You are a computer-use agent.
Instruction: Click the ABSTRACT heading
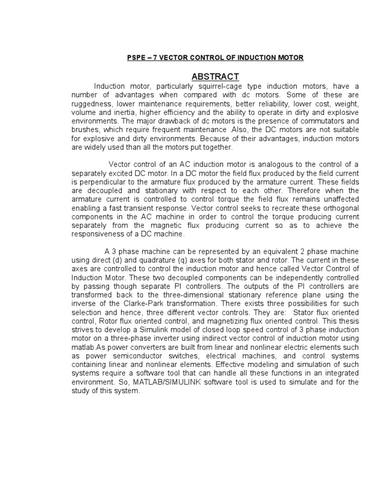pos(215,76)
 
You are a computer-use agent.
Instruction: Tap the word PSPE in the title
pos(135,58)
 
